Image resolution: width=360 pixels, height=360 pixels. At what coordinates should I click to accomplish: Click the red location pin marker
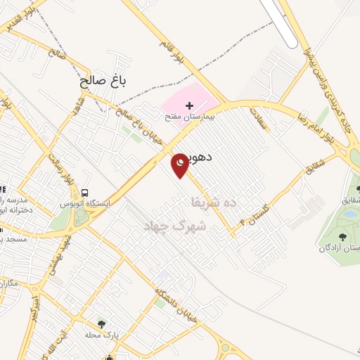(180, 165)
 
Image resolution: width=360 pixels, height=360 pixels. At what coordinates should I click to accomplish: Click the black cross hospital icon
(188, 105)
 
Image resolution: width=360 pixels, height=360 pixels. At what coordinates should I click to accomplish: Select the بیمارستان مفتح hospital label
(188, 117)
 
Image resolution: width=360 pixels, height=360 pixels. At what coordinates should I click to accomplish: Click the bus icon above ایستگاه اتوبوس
(85, 193)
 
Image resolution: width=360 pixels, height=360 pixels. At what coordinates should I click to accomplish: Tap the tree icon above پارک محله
(102, 324)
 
